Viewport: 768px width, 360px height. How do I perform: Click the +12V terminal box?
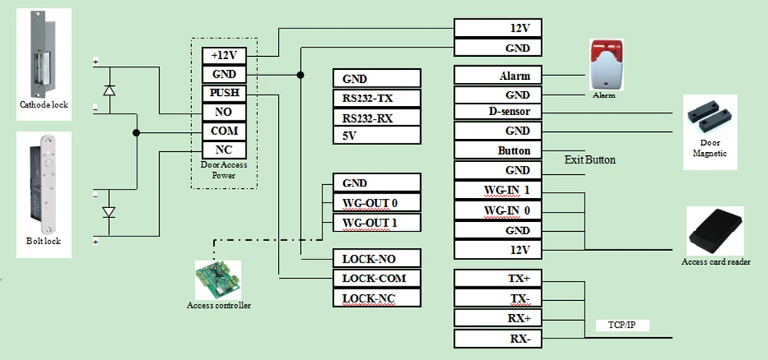[224, 55]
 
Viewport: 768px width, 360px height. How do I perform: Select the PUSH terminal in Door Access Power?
[224, 94]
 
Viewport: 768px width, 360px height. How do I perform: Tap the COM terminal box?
[224, 131]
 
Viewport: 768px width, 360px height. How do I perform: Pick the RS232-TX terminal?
[377, 98]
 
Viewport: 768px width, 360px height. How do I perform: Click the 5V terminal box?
[377, 136]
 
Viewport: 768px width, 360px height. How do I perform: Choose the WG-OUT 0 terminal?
[377, 203]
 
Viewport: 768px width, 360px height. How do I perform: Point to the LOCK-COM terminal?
[377, 278]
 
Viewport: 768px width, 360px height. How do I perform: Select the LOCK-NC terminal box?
[377, 298]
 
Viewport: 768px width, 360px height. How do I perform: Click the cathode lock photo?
[44, 53]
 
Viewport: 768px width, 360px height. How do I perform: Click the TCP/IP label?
[621, 325]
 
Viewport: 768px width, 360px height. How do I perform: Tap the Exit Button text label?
[590, 160]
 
